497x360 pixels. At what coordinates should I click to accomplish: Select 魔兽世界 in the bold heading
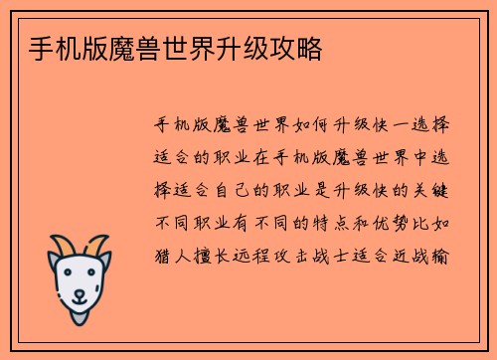[143, 47]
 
